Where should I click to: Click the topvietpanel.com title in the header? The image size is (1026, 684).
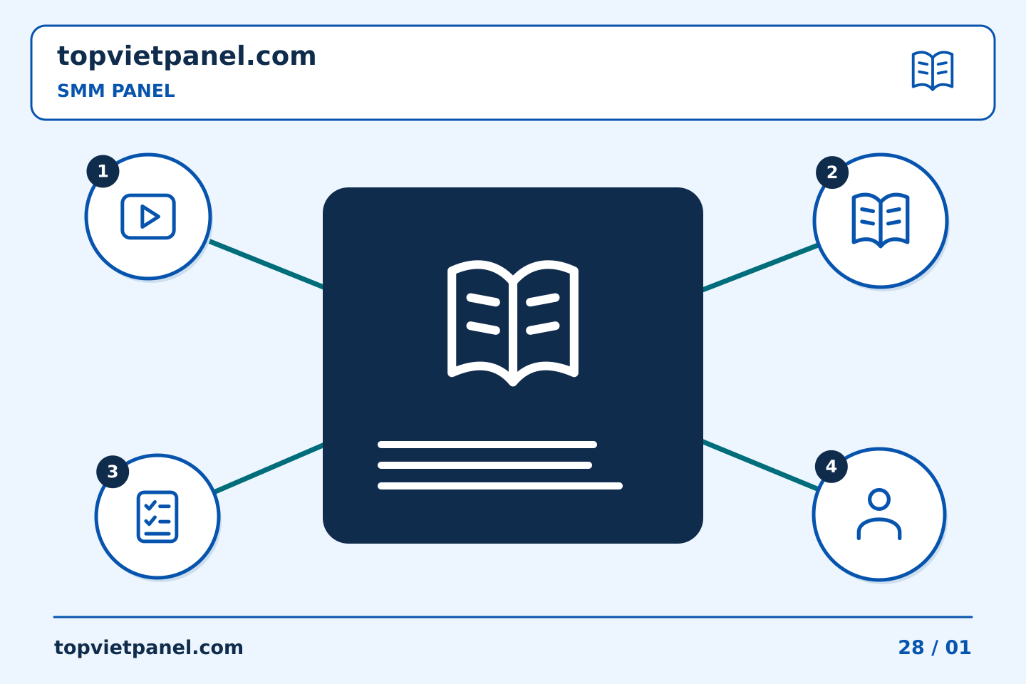[187, 56]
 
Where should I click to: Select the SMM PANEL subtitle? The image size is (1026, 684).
[116, 90]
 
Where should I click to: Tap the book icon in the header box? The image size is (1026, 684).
[933, 71]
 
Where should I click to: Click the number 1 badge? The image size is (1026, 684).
[103, 171]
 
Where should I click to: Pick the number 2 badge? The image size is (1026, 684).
[831, 172]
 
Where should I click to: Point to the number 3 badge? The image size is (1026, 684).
[113, 472]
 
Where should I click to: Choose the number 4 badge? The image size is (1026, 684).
[831, 467]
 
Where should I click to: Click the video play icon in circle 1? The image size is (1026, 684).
[148, 216]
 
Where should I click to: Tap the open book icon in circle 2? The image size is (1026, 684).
[881, 220]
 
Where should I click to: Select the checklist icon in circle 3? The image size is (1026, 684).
[157, 517]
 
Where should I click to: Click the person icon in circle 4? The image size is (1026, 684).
[879, 514]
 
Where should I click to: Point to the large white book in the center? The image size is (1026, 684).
[512, 323]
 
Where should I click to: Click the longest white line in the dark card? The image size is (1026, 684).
[499, 486]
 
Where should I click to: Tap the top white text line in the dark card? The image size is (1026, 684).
[487, 445]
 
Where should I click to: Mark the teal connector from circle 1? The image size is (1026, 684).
[266, 264]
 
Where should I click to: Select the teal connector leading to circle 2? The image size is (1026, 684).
[760, 268]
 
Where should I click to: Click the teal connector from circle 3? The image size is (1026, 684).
[269, 468]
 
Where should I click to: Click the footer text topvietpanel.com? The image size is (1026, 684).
[148, 648]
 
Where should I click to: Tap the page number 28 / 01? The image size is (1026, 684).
[934, 648]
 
